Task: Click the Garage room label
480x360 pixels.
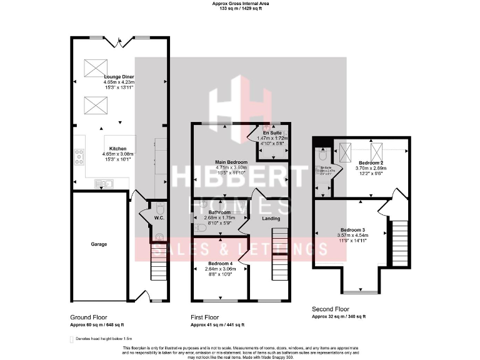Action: (x=99, y=244)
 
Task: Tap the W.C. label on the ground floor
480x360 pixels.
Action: (x=159, y=217)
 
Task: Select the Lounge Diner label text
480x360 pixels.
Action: (x=119, y=76)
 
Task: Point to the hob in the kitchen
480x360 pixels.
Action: (x=80, y=157)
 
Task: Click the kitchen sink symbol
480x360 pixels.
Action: (x=102, y=184)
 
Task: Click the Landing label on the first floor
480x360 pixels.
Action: (x=271, y=218)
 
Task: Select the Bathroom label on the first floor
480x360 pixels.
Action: (x=219, y=212)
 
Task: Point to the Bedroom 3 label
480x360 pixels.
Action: (x=353, y=228)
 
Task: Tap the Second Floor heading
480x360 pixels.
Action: (x=331, y=309)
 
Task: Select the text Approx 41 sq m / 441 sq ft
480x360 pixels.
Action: (x=217, y=325)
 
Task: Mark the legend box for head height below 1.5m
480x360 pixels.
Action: (x=71, y=338)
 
